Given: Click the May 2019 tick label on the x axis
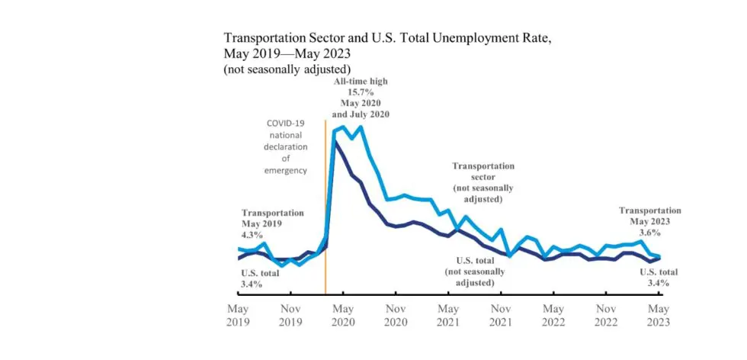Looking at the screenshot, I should (x=238, y=316).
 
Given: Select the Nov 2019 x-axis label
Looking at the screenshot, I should (x=290, y=316).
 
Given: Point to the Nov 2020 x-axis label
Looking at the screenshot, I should (x=396, y=316).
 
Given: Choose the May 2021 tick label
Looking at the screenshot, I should (x=448, y=316).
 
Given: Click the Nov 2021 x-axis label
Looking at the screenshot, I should (x=501, y=316).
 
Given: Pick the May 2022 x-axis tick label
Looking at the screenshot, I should (x=553, y=316).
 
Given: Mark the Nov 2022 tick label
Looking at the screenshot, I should (x=606, y=316).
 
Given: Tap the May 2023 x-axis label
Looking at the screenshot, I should (x=659, y=316).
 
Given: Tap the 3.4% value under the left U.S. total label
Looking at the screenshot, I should (x=252, y=284).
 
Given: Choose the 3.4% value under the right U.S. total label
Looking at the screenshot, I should (x=658, y=283).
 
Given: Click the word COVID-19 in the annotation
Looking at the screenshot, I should (x=287, y=124).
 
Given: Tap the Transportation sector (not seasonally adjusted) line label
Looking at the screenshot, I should (x=483, y=182).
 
